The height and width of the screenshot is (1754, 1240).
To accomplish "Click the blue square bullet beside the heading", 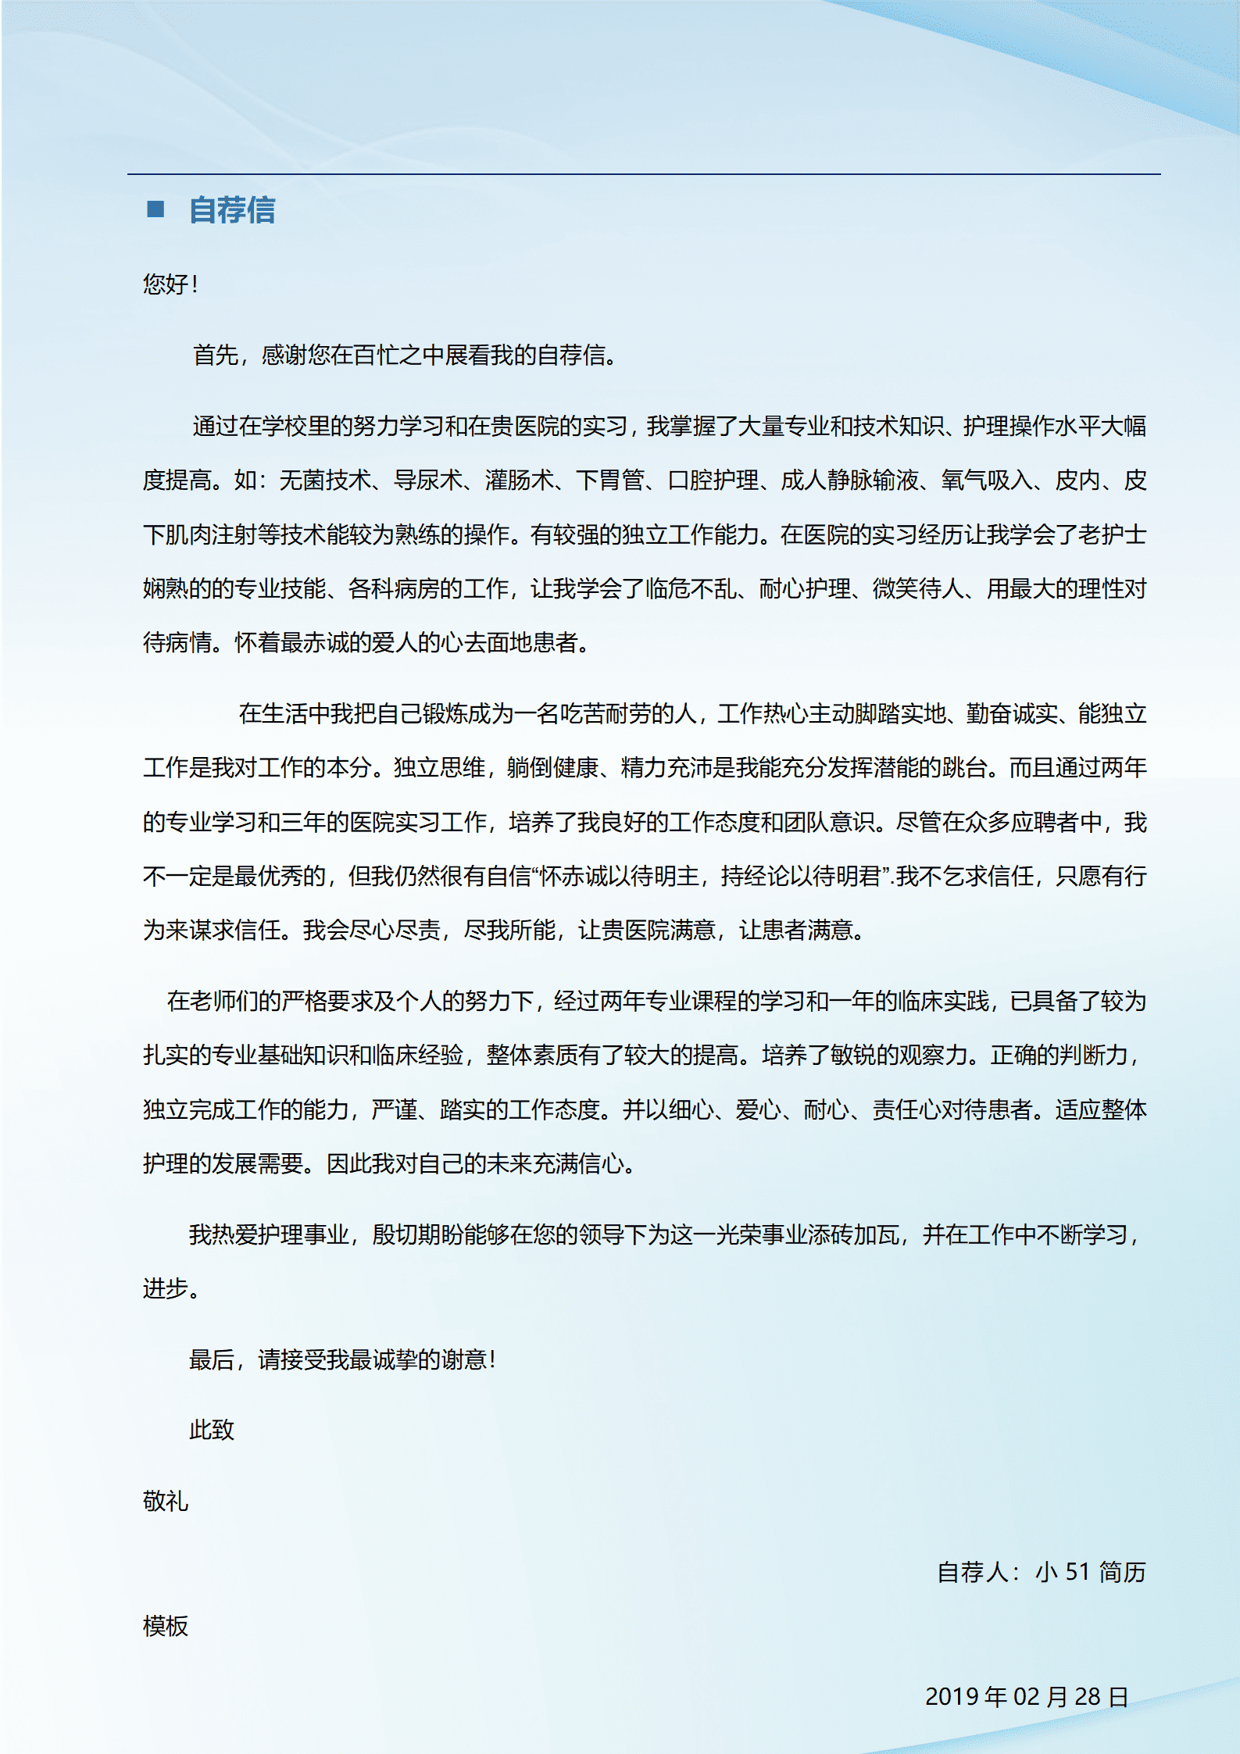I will pyautogui.click(x=155, y=209).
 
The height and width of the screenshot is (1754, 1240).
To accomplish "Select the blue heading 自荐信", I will pyautogui.click(x=232, y=210).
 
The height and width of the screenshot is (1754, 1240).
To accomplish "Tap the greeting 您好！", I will pyautogui.click(x=170, y=284).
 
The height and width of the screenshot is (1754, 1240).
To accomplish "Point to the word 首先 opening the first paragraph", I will pyautogui.click(x=216, y=355).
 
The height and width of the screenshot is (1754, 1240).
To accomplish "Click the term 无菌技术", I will pyautogui.click(x=324, y=480).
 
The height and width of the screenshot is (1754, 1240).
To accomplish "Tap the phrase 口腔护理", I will pyautogui.click(x=713, y=480).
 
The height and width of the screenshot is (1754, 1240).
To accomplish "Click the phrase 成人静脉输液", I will pyautogui.click(x=849, y=480).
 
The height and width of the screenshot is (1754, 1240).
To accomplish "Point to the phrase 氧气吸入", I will pyautogui.click(x=987, y=480).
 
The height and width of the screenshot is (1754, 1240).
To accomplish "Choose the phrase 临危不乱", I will pyautogui.click(x=691, y=588).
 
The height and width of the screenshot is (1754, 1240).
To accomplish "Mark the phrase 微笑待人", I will pyautogui.click(x=918, y=588).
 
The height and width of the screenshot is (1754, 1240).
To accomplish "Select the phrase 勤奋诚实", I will pyautogui.click(x=1012, y=713).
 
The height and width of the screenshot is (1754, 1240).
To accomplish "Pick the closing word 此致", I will pyautogui.click(x=212, y=1430).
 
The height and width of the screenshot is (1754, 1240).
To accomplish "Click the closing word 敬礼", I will pyautogui.click(x=166, y=1501).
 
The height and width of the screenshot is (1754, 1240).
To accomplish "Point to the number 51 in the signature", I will pyautogui.click(x=1077, y=1571).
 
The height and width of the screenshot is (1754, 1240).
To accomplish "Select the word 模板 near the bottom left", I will pyautogui.click(x=166, y=1626).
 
